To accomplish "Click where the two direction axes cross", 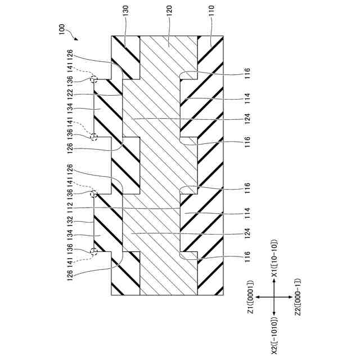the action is pos(274,297).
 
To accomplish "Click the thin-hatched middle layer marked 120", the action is pos(169,169).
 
